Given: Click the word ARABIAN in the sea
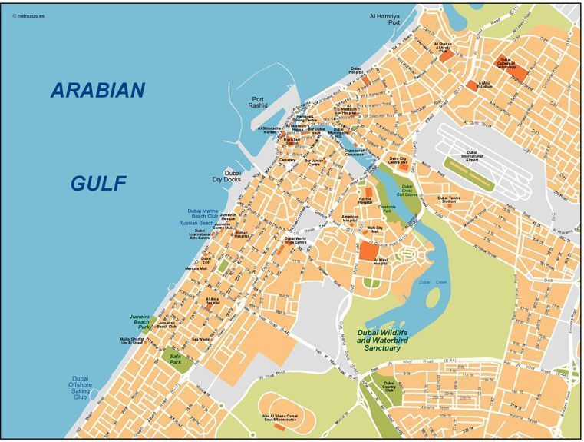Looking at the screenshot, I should [97, 91].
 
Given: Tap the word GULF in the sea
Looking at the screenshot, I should [98, 183].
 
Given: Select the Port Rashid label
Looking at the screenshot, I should [258, 103].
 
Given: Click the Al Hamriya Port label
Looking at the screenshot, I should [384, 19].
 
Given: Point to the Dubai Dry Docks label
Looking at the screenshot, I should [227, 177].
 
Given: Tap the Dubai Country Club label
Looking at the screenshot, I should [389, 387].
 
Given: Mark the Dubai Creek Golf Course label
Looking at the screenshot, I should [407, 189].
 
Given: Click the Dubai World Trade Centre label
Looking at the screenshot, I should [295, 241].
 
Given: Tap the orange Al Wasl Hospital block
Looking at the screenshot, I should [368, 251].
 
